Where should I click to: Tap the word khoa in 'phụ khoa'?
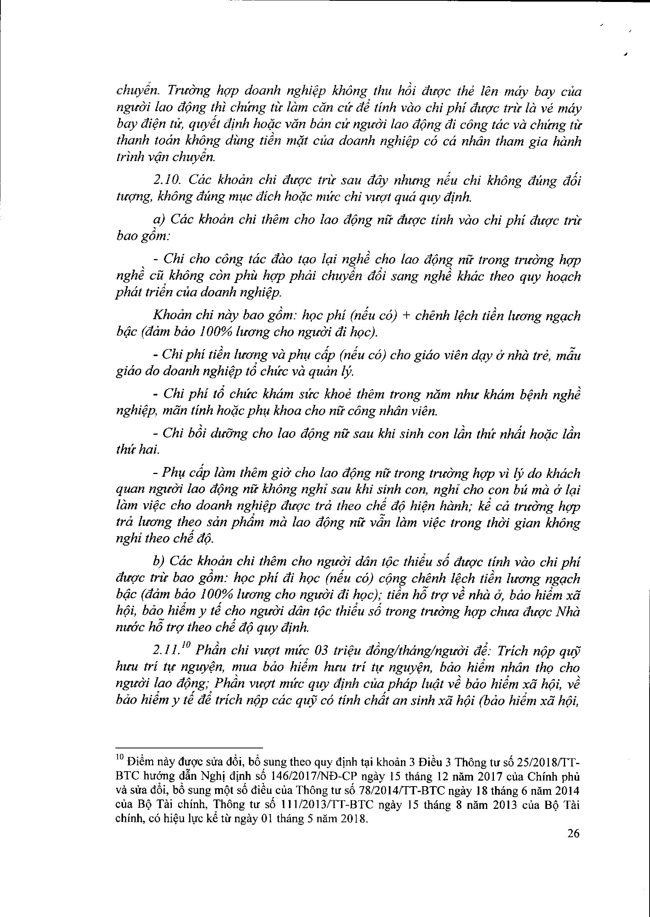coord(289,411)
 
